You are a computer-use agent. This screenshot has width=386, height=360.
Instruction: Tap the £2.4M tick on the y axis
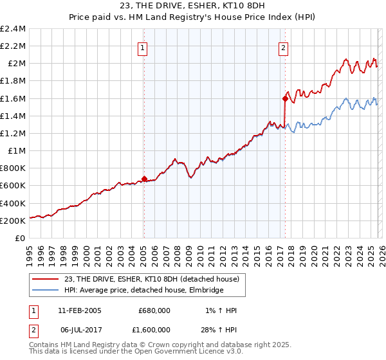pyautogui.click(x=13, y=29)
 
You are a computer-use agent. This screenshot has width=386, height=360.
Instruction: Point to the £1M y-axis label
pyautogui.click(x=17, y=151)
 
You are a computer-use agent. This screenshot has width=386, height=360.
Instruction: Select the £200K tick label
pyautogui.click(x=13, y=221)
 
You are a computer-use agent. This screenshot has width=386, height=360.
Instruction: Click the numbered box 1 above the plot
pyautogui.click(x=142, y=46)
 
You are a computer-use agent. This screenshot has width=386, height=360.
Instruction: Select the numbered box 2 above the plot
pyautogui.click(x=283, y=46)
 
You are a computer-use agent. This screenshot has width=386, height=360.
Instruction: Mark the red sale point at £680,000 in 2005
pyautogui.click(x=144, y=179)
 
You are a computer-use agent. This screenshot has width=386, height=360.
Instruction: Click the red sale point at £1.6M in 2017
pyautogui.click(x=284, y=98)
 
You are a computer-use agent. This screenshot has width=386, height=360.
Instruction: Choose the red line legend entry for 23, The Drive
pyautogui.click(x=152, y=279)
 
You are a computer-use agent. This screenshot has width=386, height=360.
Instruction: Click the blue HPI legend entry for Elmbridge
pyautogui.click(x=143, y=291)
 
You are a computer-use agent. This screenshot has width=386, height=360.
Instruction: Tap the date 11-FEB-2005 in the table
pyautogui.click(x=80, y=310)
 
